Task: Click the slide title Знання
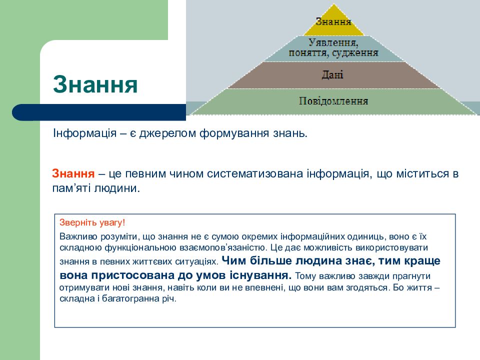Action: click(95, 84)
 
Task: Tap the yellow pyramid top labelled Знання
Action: click(333, 21)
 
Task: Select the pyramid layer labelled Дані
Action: click(332, 75)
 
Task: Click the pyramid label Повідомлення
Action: click(333, 101)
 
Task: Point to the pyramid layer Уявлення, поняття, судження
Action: click(333, 47)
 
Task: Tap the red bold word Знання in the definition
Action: click(73, 174)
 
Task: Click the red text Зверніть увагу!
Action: click(92, 222)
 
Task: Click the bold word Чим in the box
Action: click(232, 260)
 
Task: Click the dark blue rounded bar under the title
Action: click(100, 112)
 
